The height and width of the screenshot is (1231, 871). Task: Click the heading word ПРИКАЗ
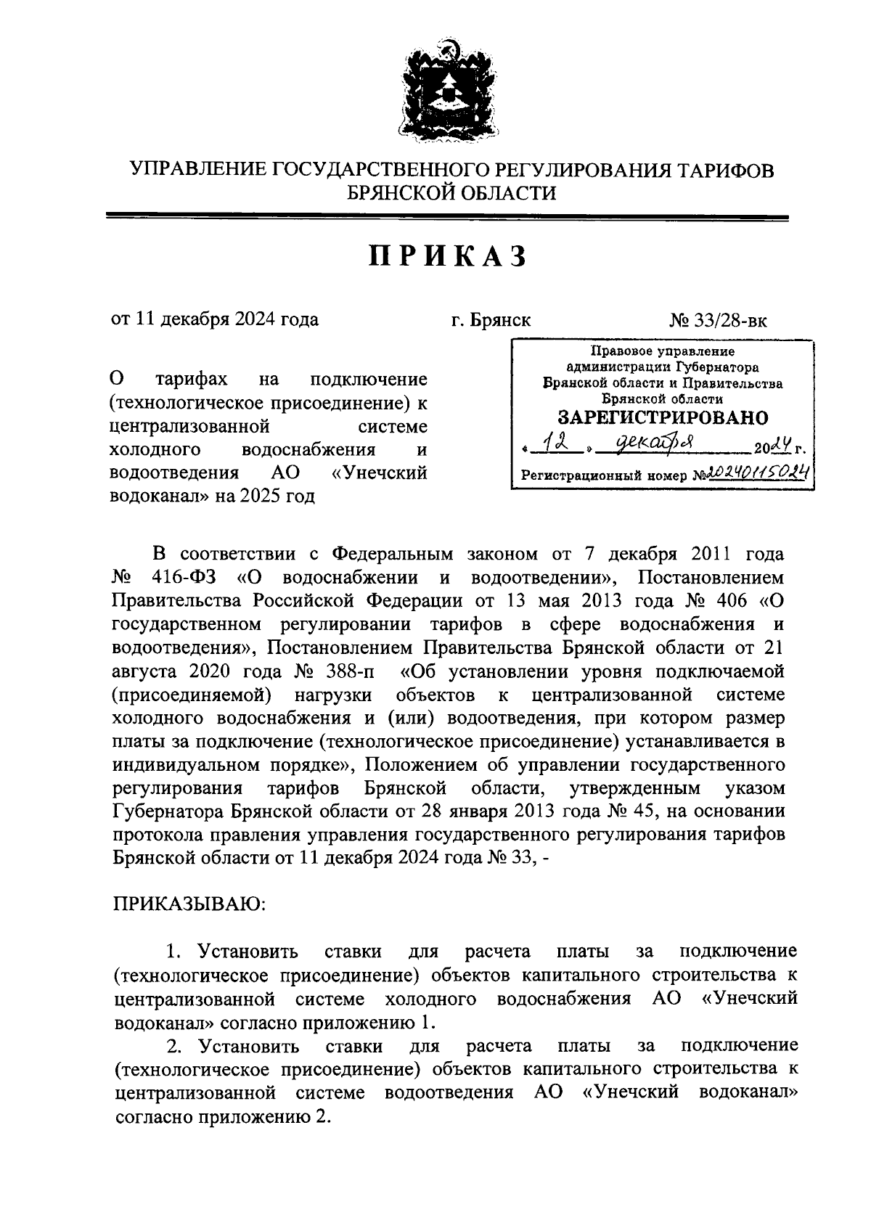tap(446, 257)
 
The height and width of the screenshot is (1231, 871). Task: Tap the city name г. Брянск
tap(491, 320)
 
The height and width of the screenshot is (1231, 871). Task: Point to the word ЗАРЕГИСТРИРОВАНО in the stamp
tap(662, 418)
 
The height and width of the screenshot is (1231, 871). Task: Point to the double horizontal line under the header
tap(446, 216)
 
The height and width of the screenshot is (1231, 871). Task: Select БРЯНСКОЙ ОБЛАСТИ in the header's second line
tap(451, 192)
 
